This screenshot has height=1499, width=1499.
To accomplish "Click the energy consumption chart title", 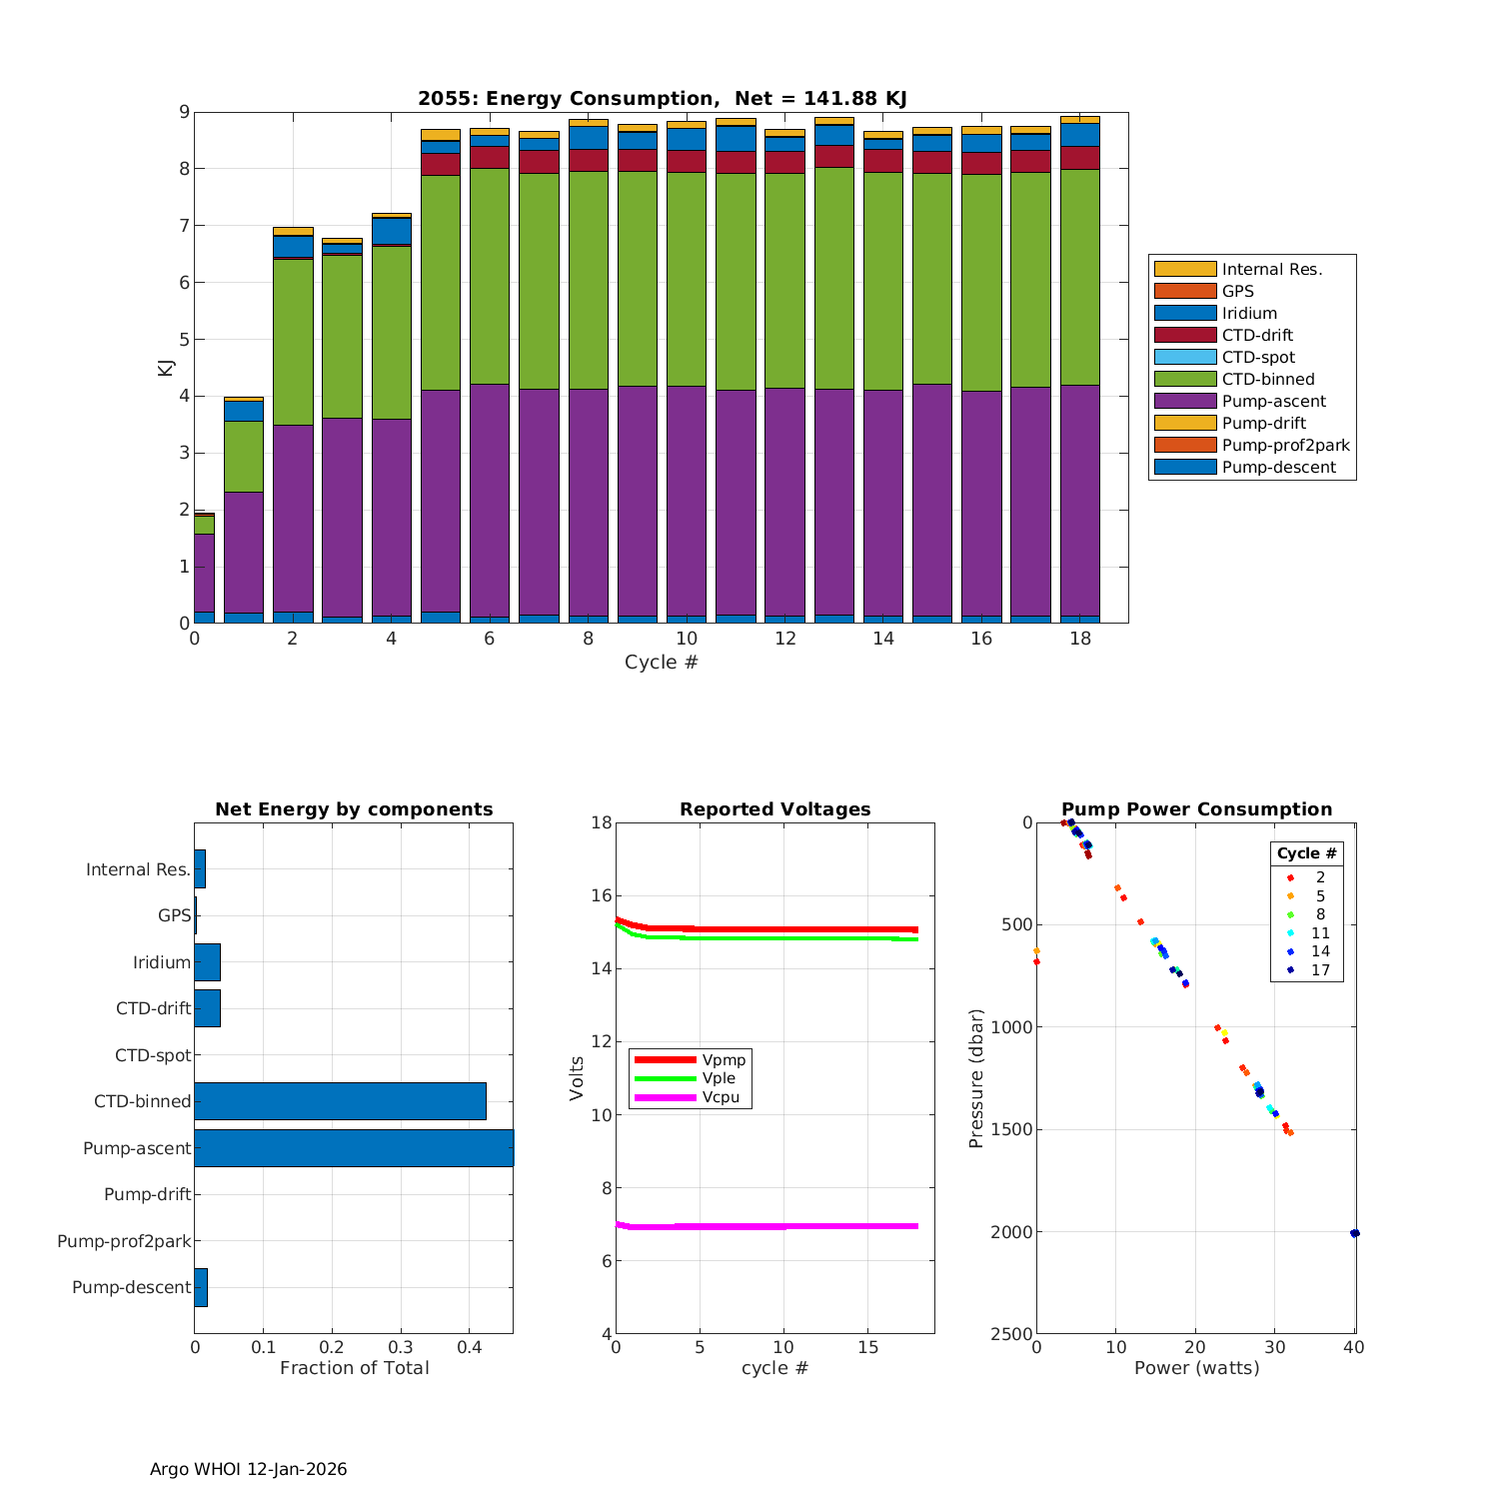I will (662, 98).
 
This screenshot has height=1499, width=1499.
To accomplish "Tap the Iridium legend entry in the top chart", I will (1249, 314).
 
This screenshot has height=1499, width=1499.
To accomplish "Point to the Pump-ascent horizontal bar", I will (354, 1148).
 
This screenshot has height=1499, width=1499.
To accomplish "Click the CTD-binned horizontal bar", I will (340, 1101).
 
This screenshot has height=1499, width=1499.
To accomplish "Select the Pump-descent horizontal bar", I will (201, 1287).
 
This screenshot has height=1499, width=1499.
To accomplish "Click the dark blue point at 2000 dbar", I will (1354, 1233).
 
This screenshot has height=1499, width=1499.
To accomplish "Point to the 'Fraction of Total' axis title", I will (354, 1368).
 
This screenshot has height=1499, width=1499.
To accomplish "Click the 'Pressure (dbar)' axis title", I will (976, 1077).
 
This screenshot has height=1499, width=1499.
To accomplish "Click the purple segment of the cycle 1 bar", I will (244, 552).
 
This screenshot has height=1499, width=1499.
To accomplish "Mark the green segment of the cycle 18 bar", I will (1079, 277).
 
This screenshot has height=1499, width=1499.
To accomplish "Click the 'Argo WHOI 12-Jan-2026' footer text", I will (248, 1469).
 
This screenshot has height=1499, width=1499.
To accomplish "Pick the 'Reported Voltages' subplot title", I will (774, 809).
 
